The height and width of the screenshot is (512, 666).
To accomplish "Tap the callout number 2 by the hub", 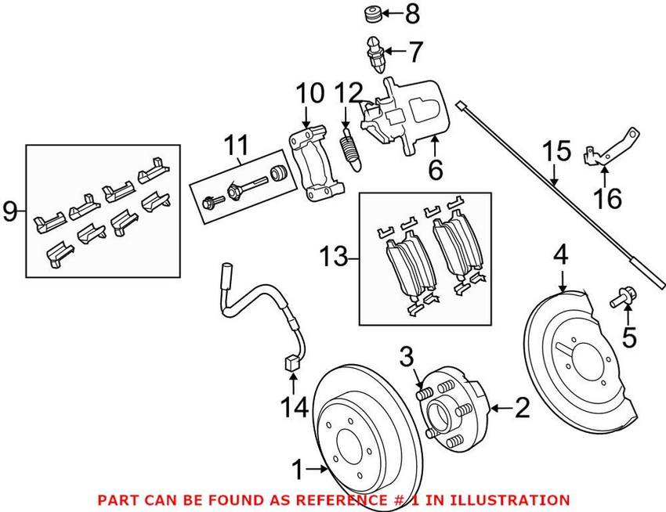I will (x=521, y=407).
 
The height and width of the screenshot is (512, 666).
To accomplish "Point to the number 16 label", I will (x=609, y=199).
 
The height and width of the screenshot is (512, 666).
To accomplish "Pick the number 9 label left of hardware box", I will (x=10, y=211).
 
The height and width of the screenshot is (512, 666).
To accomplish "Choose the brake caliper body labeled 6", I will (x=407, y=114).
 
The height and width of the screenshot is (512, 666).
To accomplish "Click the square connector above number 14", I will (x=291, y=362).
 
